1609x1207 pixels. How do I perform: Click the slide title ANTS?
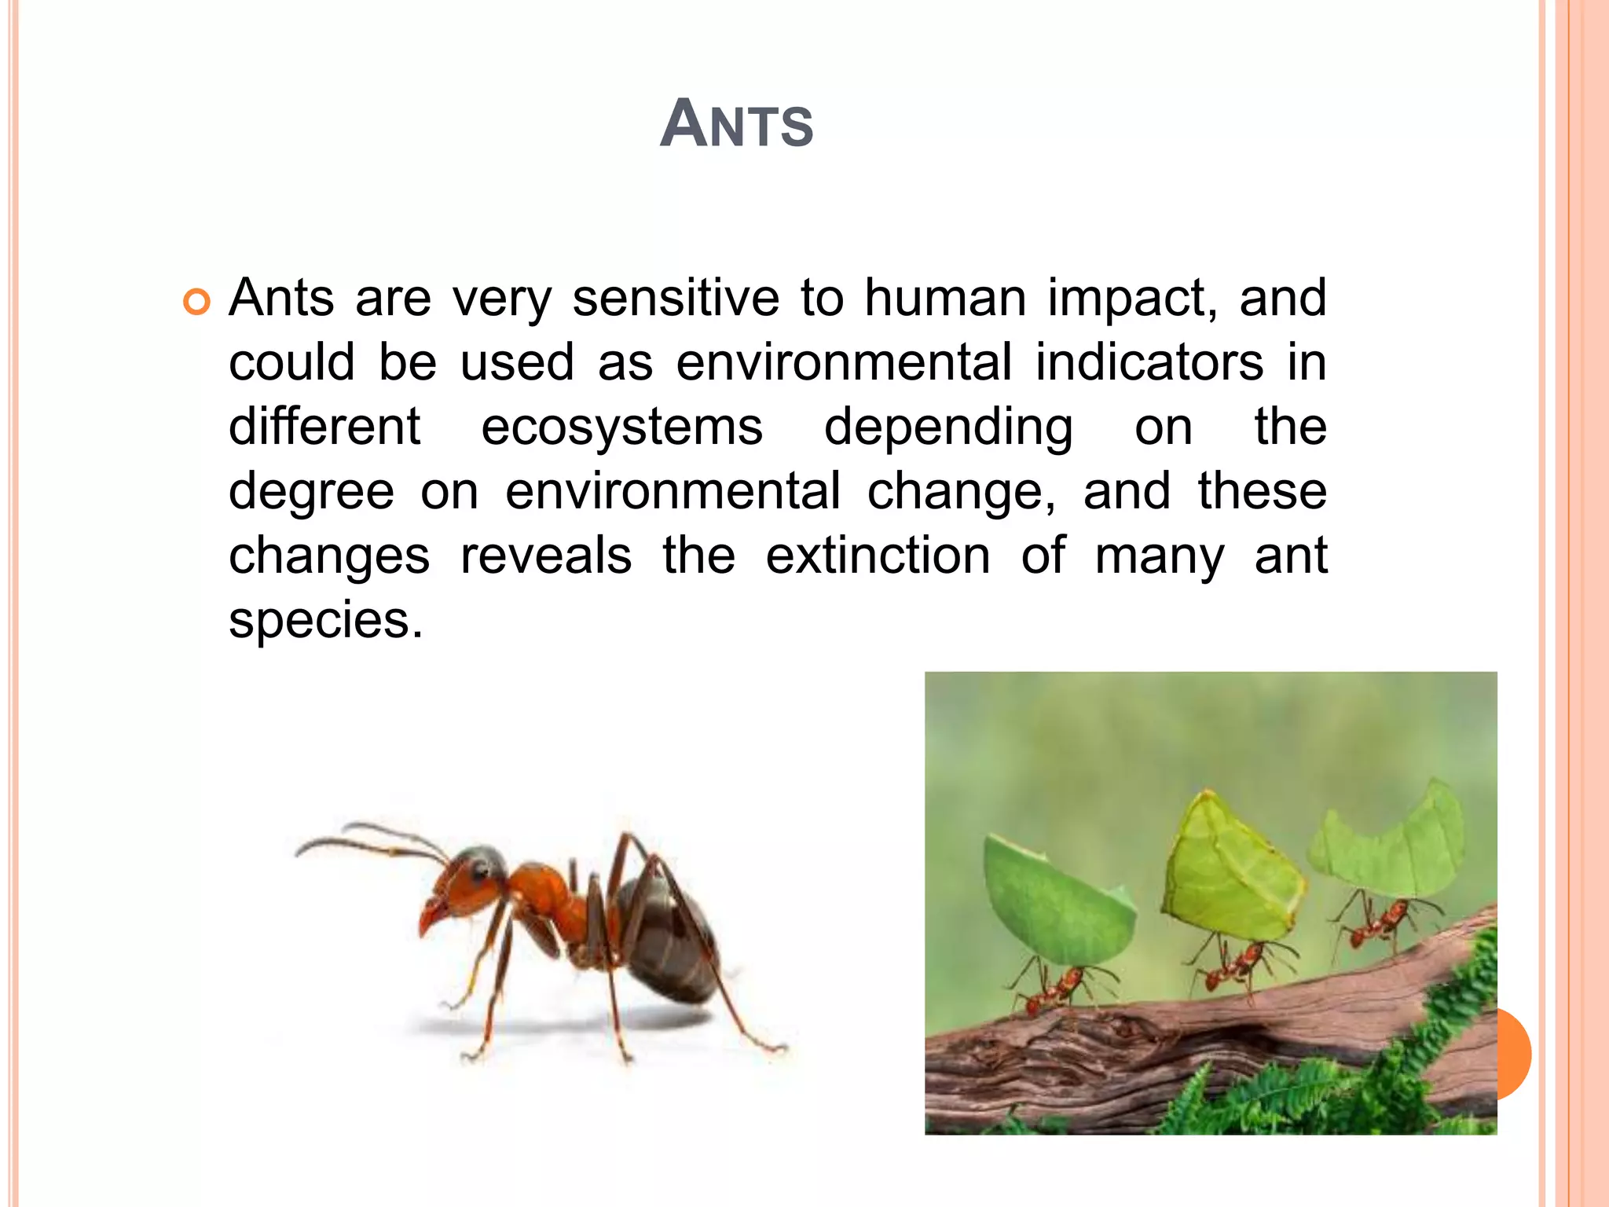click(x=736, y=124)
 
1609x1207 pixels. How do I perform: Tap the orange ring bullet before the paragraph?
click(x=196, y=302)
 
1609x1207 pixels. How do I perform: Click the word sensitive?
click(x=676, y=299)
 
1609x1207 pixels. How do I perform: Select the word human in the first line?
click(x=945, y=299)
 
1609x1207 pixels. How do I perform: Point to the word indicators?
click(x=1149, y=363)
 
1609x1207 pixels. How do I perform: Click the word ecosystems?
click(x=621, y=428)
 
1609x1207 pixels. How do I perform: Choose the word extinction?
click(x=878, y=556)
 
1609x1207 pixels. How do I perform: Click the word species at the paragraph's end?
click(x=320, y=622)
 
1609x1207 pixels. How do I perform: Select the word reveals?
click(x=546, y=556)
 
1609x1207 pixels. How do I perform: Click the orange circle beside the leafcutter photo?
click(x=1514, y=1054)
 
